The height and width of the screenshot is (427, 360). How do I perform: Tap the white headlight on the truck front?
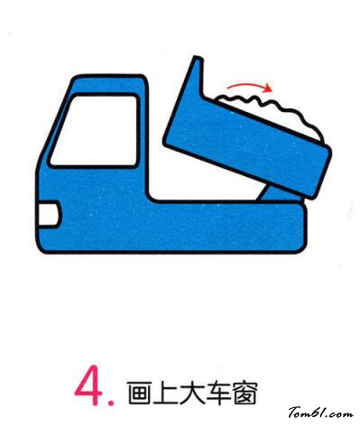pos(48,214)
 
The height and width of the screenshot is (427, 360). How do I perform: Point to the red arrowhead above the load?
pos(268,88)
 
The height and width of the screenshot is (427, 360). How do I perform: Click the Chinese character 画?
pos(139,393)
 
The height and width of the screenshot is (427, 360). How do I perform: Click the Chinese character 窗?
pos(245,393)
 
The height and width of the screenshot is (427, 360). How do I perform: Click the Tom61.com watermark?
pos(321,413)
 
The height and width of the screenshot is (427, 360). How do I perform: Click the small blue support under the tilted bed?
pos(277,194)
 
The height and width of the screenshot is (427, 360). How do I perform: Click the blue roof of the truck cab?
pos(108,84)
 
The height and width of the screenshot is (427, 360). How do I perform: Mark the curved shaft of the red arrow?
pos(246,85)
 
